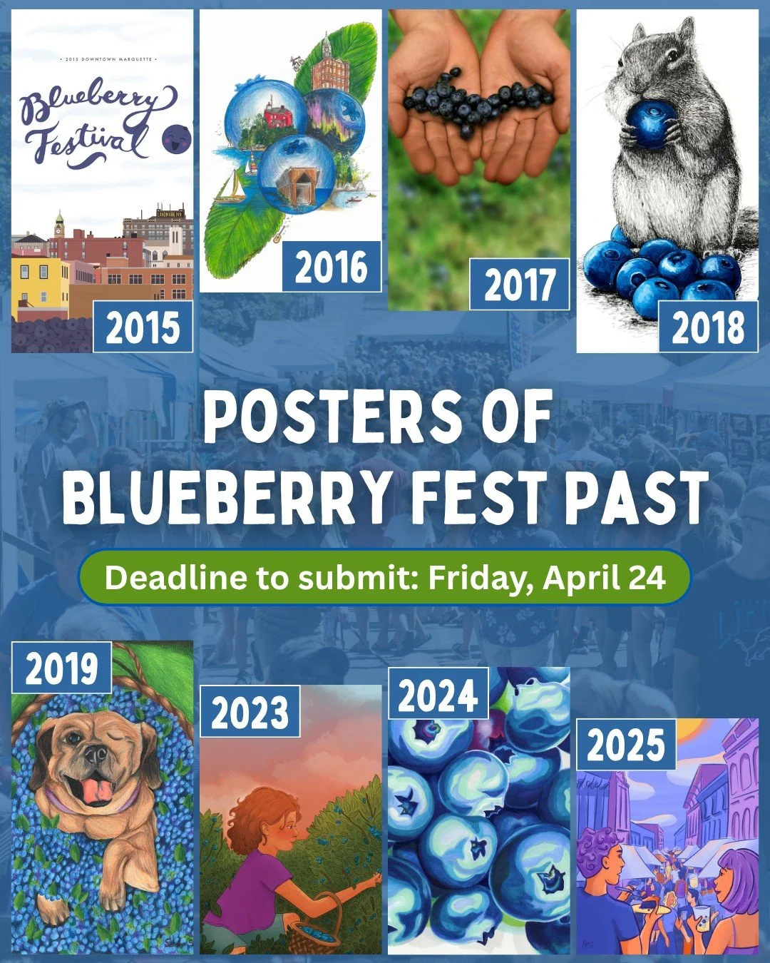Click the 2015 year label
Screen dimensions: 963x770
point(143,327)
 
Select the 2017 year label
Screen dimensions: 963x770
point(520,285)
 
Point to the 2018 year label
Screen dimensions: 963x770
point(707,327)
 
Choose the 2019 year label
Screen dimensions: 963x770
point(62,668)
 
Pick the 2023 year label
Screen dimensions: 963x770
point(250,712)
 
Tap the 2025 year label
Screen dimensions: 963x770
point(626,745)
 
